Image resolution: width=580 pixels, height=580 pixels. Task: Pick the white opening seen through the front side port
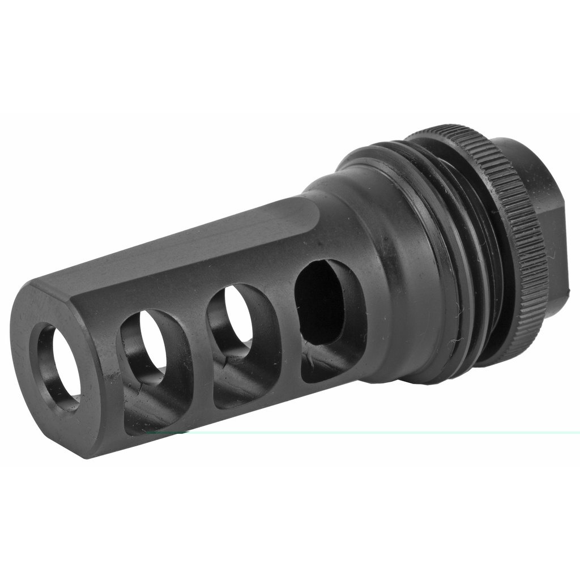pyautogui.click(x=153, y=340)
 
